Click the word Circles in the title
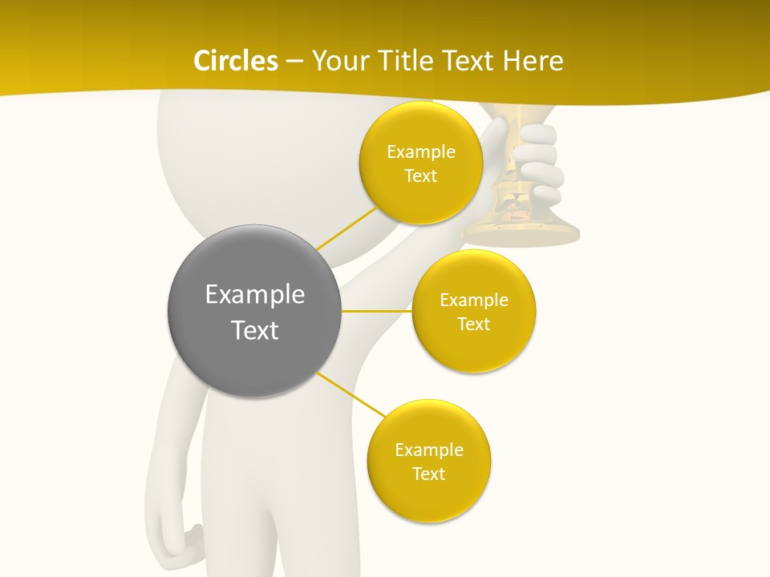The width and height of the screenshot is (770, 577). (236, 61)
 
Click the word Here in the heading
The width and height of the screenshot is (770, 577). (533, 61)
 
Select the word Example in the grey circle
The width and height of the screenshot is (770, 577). (254, 295)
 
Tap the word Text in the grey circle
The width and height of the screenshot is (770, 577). (254, 330)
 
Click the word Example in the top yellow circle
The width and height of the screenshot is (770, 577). (420, 152)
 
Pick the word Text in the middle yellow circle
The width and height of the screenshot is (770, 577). (473, 325)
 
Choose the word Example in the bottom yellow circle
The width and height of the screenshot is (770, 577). (428, 450)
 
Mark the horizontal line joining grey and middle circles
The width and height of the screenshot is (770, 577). (377, 311)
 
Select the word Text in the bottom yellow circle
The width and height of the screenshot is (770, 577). (428, 474)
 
